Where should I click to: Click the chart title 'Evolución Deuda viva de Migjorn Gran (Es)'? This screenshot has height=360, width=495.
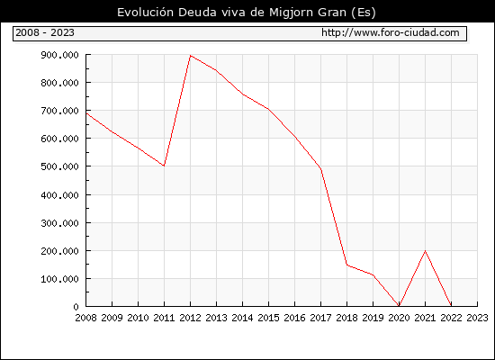247,13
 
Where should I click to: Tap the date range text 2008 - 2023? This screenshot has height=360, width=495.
45,32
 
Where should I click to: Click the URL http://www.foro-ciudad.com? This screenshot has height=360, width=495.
391,32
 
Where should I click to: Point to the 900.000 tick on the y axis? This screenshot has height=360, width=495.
59,55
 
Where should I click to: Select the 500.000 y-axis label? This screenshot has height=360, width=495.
59,166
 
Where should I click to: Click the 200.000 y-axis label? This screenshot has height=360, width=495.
59,251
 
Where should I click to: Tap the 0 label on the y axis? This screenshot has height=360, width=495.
76,307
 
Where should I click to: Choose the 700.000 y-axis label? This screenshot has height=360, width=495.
59,111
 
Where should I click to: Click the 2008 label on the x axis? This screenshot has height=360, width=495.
85,318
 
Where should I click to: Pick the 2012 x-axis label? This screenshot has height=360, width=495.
191,318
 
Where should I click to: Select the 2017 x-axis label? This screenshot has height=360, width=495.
320,318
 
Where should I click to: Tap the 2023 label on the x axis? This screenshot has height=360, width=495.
477,318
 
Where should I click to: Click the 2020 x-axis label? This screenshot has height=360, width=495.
399,318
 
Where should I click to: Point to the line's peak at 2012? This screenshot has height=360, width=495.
191,56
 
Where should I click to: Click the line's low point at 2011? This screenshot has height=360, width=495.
164,166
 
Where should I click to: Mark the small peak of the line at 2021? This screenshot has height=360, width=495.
425,251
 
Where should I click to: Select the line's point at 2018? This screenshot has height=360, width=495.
346,265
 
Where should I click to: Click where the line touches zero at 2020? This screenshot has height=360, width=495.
399,306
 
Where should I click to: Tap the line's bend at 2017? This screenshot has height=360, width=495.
320,168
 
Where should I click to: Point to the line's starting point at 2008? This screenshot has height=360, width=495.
86,113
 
